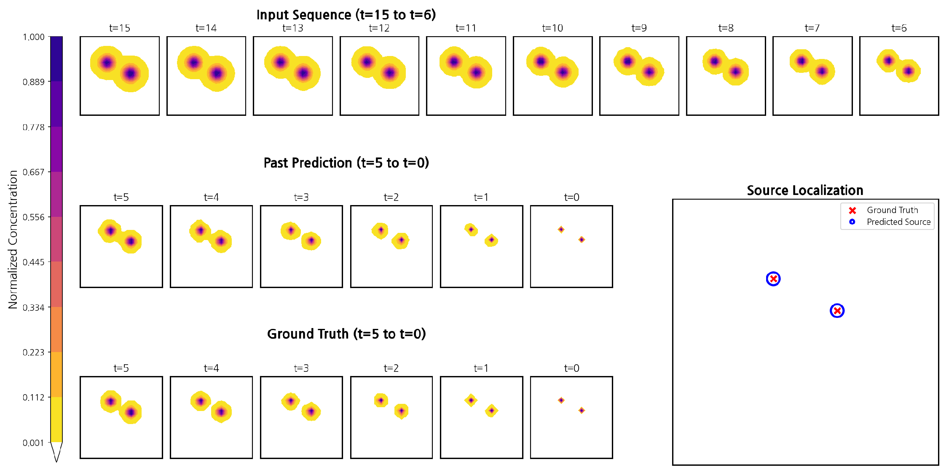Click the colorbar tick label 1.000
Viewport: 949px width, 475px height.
click(x=33, y=37)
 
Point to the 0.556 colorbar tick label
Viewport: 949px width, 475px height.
click(x=33, y=217)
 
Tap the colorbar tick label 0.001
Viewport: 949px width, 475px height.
click(x=33, y=443)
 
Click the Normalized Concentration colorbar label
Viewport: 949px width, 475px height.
click(x=13, y=239)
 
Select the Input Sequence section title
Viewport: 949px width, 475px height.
click(x=346, y=15)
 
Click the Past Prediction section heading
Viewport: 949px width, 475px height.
click(x=346, y=163)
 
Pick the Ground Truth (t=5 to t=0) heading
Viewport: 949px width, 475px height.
click(x=346, y=334)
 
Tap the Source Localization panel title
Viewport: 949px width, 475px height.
click(x=805, y=190)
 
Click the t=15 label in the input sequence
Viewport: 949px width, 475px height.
click(x=120, y=28)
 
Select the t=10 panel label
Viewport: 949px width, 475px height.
click(x=552, y=28)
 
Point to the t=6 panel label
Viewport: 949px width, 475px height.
click(x=899, y=28)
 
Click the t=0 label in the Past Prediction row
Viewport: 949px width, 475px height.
click(x=571, y=197)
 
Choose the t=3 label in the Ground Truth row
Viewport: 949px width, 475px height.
click(x=301, y=368)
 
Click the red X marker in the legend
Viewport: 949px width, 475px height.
click(x=852, y=211)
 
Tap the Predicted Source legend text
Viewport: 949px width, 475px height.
click(x=898, y=222)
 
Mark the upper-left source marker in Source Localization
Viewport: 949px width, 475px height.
click(x=773, y=279)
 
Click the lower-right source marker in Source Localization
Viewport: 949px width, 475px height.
click(x=837, y=311)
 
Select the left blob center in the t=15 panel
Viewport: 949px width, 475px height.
click(x=107, y=63)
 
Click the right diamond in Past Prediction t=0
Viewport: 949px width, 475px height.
click(x=582, y=240)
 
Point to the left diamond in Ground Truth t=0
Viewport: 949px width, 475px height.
click(x=561, y=400)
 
